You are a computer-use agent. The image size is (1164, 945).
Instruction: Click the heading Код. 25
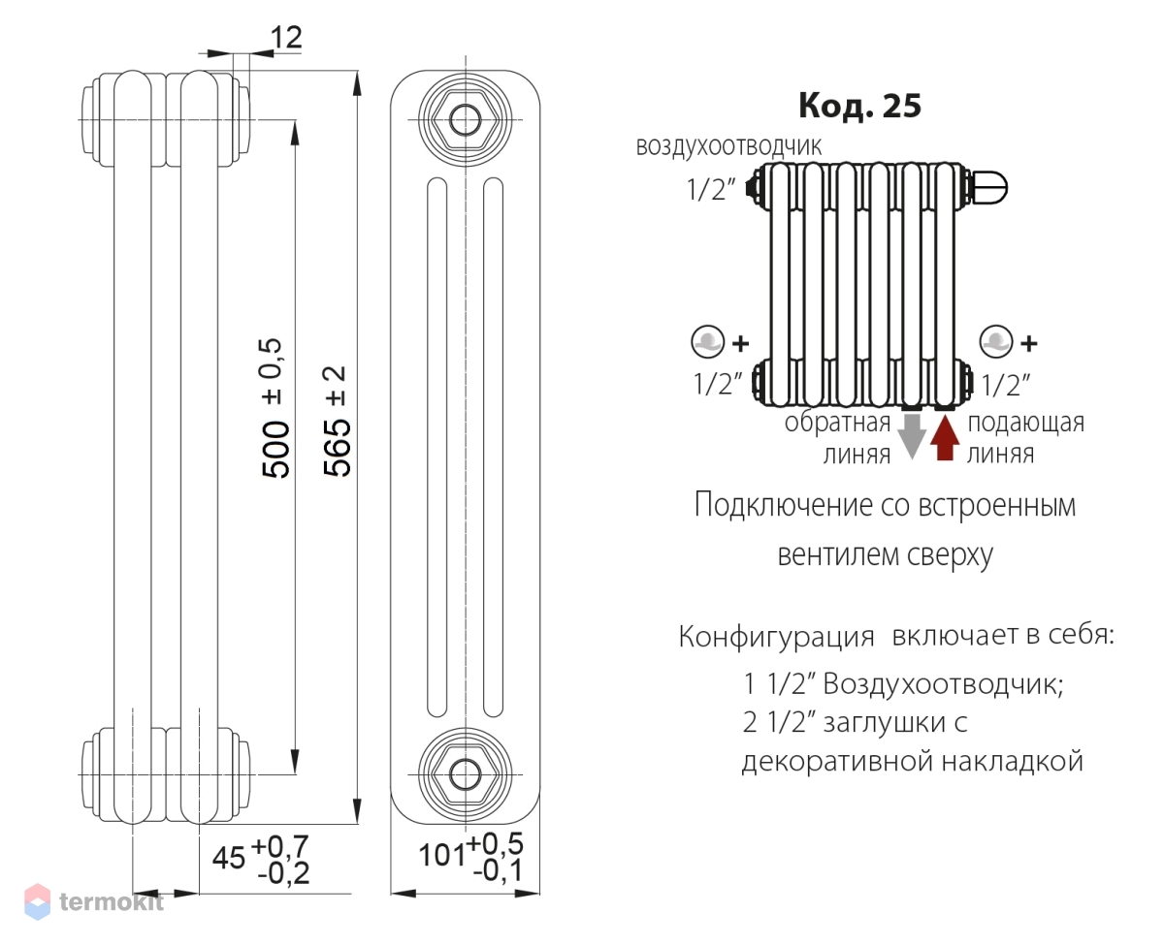click(859, 106)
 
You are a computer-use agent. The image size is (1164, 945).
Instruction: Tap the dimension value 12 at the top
click(286, 38)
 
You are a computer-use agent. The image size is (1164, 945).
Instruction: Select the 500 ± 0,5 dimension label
click(275, 407)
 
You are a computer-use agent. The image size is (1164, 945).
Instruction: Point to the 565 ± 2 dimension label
click(337, 422)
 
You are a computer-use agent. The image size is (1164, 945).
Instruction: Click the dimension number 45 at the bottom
click(230, 859)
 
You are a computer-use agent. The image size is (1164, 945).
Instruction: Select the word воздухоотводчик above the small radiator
click(728, 146)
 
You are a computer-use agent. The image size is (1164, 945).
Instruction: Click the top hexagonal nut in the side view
click(466, 120)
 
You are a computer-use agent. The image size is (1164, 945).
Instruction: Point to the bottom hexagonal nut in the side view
click(466, 772)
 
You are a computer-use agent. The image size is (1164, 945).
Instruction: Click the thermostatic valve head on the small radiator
click(988, 184)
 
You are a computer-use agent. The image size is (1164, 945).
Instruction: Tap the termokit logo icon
click(37, 900)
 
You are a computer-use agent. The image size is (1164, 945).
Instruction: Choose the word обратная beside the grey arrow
click(837, 424)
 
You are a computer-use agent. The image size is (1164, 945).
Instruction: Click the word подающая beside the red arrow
click(1025, 423)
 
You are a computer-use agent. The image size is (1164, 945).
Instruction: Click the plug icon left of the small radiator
click(709, 341)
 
